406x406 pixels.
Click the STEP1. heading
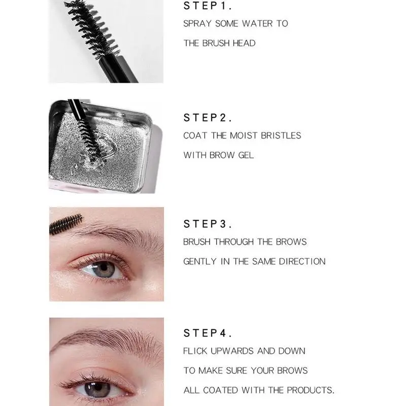[208, 7]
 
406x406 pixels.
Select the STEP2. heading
[208, 118]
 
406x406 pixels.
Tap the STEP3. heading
[208, 224]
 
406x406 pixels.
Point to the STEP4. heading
[208, 333]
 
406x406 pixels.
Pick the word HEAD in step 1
[244, 43]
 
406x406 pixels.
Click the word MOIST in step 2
[241, 136]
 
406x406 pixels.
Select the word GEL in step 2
[246, 155]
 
